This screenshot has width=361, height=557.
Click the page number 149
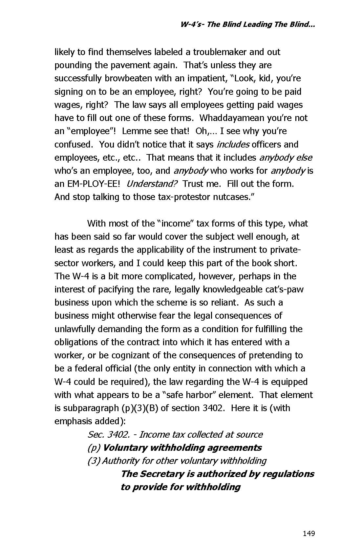click(308, 533)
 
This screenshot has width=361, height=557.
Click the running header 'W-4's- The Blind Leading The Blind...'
click(248, 25)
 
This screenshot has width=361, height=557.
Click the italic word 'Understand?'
click(152, 184)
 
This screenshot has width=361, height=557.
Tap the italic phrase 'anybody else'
click(286, 158)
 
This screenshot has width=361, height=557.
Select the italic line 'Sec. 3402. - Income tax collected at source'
click(175, 435)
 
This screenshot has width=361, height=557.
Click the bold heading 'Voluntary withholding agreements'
click(182, 448)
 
